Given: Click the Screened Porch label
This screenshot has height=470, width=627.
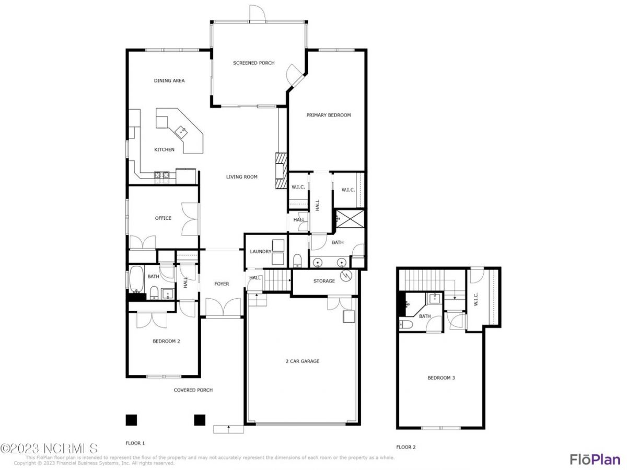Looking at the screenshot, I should pos(253,63).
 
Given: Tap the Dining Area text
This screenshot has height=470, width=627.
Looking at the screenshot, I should pos(169,81).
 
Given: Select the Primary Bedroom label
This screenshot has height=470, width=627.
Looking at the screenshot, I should pos(328,115).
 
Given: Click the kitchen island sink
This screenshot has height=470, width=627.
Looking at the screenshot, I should pos(182,131).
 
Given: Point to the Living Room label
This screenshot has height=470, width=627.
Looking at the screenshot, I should pos(241,177).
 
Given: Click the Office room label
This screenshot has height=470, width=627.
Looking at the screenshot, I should pos(163,218).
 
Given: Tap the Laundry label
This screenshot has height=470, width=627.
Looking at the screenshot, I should pos(260,252).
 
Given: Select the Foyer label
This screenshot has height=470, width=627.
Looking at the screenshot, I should pos(222,284).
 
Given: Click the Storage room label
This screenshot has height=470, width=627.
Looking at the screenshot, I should pos(324,281).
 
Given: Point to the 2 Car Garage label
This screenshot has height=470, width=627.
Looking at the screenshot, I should pos(302,361).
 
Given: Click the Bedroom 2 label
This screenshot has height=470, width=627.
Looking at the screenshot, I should pos(166,342).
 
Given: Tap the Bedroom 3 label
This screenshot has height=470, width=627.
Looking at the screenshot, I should pos(441,378).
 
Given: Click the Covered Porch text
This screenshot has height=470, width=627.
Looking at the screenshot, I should pos(193,390).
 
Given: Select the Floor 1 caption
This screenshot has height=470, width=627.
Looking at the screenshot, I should pos(135,443).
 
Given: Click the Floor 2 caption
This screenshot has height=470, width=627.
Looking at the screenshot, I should pos(406,447).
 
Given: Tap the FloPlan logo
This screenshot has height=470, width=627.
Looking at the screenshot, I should pos(595,459).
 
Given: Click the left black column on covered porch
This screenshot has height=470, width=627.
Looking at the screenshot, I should pos(131,420).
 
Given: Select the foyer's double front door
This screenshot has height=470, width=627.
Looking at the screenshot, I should pos(223,308).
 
